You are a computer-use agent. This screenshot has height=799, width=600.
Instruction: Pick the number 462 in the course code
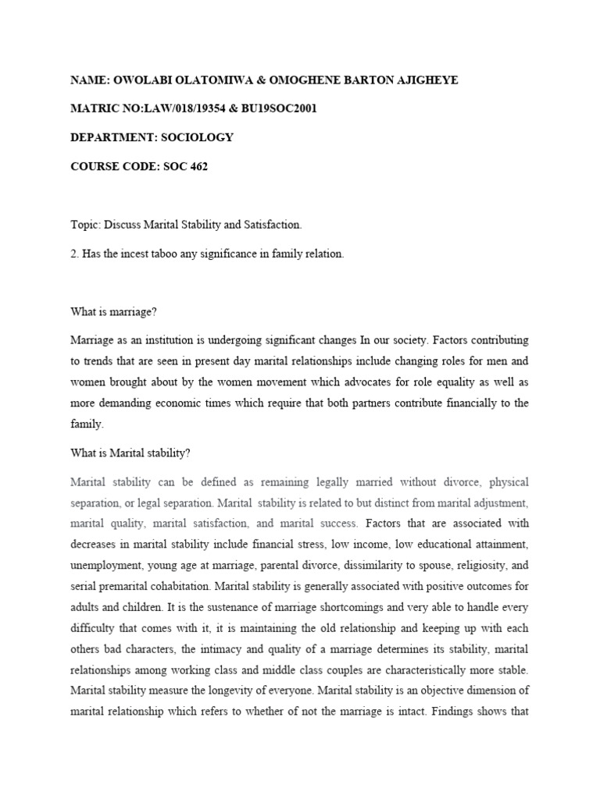pos(196,166)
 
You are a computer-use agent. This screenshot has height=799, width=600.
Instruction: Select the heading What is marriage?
pos(114,312)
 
